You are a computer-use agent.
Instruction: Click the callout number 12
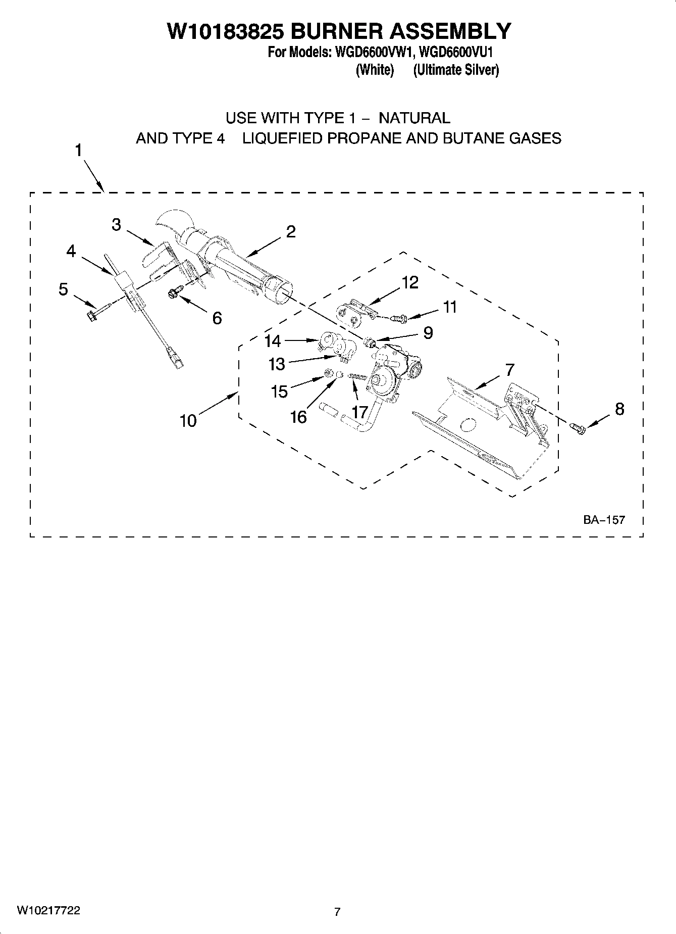[410, 282]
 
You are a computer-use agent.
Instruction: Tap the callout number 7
[510, 370]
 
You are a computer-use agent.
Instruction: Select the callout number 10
[188, 420]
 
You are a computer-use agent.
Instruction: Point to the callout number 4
[71, 251]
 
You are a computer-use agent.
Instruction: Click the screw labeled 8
[578, 428]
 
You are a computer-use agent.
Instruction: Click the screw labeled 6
[173, 291]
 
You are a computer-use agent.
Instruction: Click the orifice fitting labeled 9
[371, 344]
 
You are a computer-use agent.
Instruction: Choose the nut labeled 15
[328, 374]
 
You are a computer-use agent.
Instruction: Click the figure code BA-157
[604, 519]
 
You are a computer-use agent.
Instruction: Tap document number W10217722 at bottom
[48, 910]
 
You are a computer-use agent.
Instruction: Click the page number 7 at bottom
[337, 911]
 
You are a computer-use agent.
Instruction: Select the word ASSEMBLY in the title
[449, 31]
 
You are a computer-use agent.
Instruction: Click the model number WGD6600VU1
[456, 52]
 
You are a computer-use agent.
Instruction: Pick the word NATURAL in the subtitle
[414, 118]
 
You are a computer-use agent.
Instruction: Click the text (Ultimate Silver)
[456, 70]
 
